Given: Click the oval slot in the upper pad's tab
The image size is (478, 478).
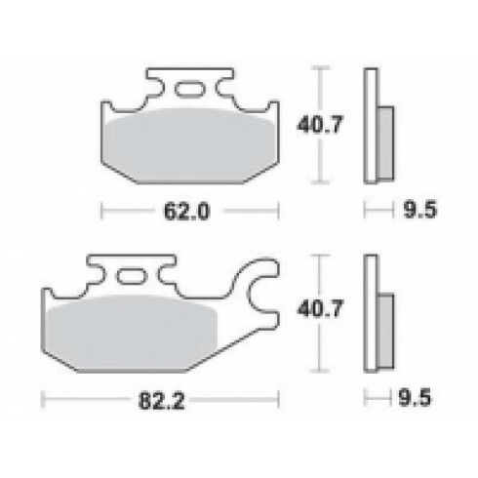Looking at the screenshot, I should pos(189,92).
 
